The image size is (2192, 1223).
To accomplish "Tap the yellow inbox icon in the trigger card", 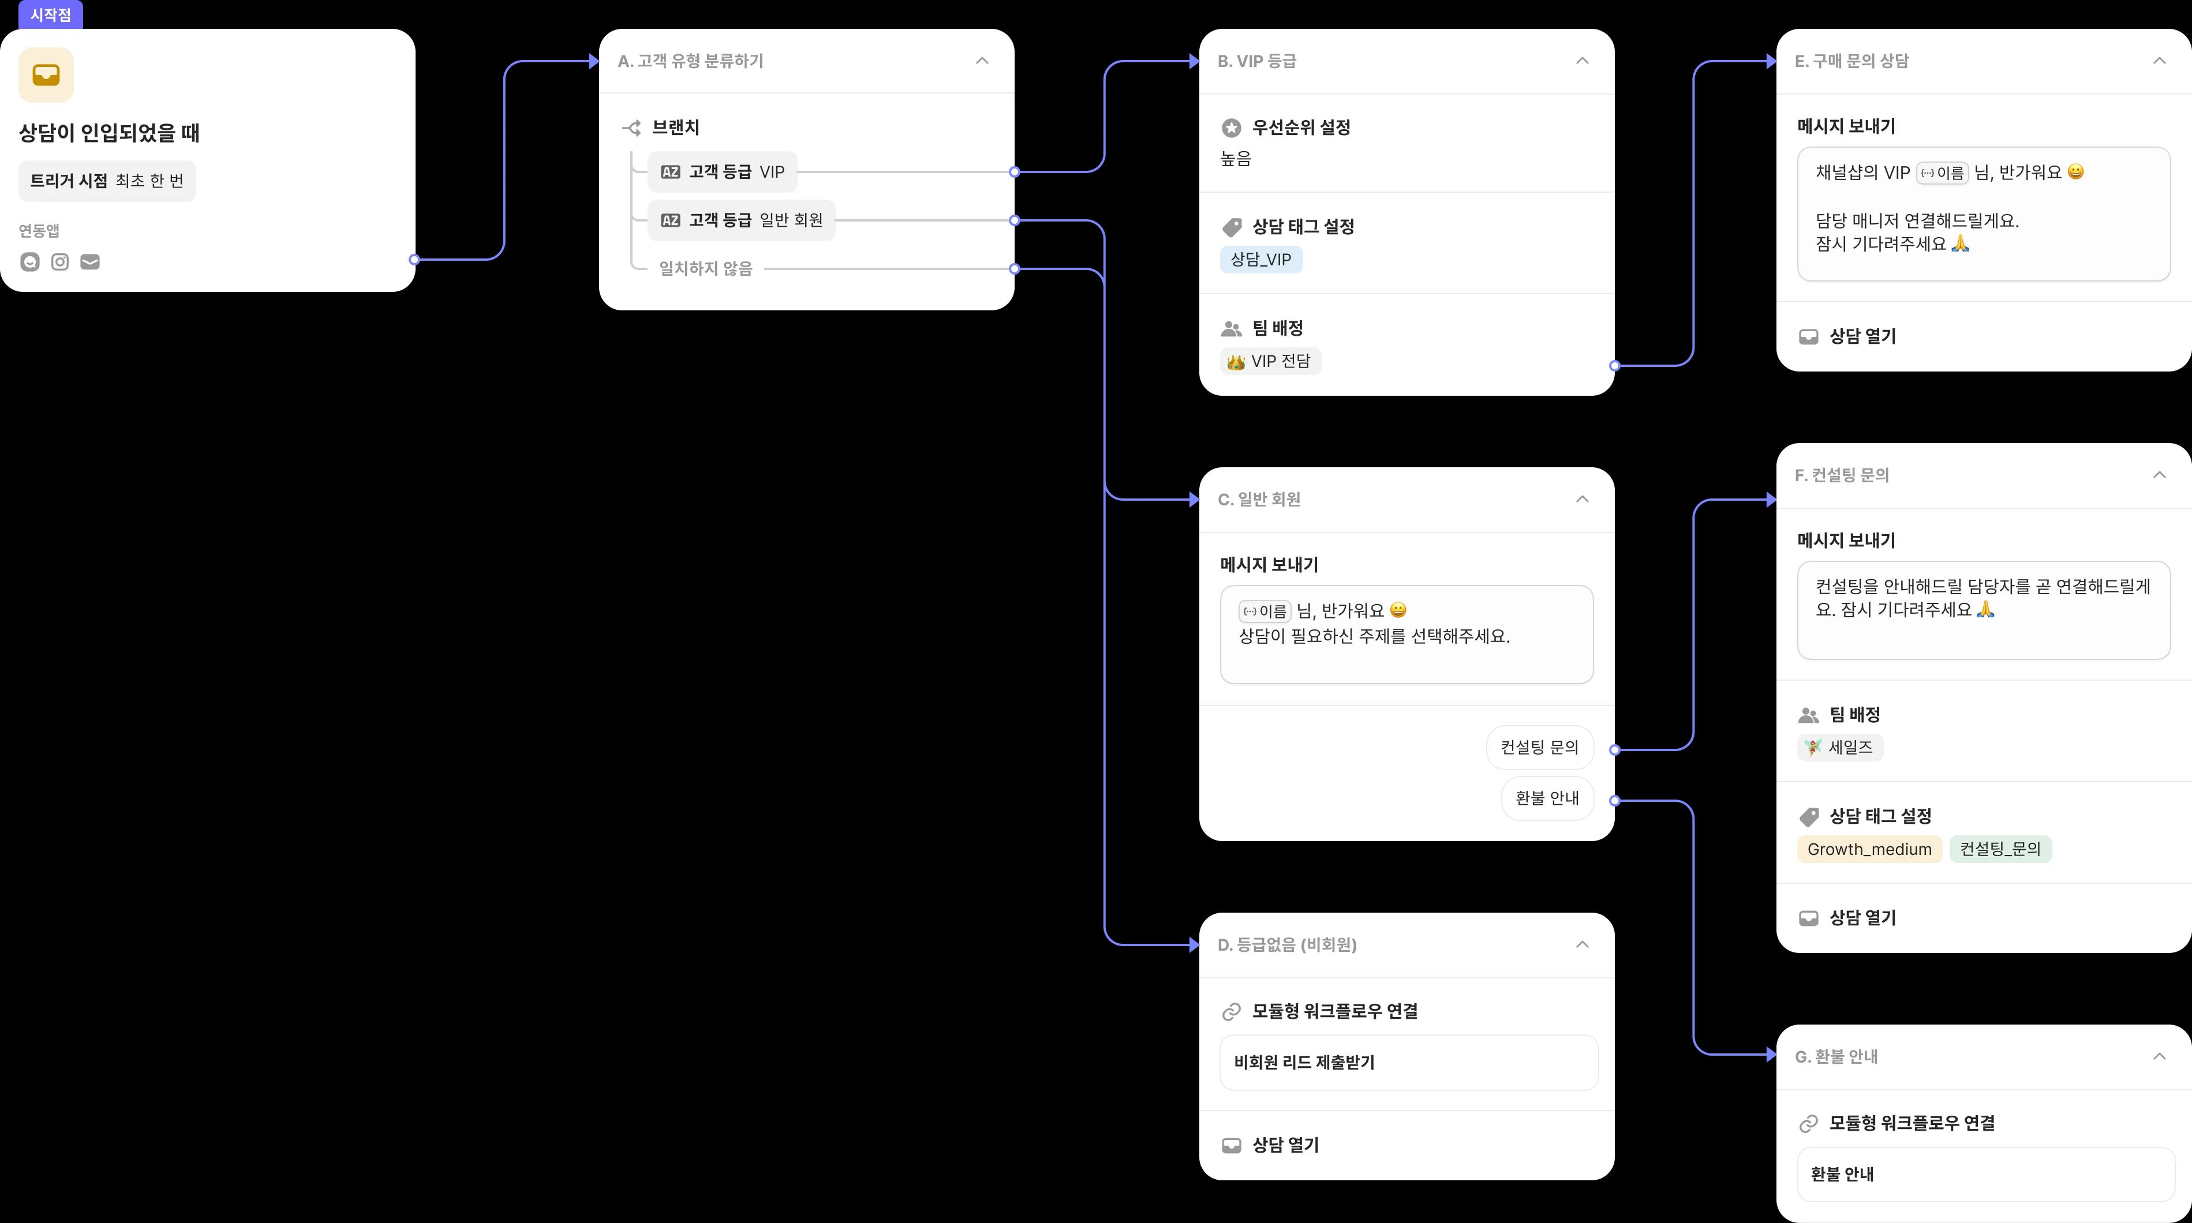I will pos(46,75).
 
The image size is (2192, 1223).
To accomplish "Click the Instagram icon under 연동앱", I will pos(59,262).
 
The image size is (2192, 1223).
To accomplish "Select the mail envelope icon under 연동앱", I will pos(90,262).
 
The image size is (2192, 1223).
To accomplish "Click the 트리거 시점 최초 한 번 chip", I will pos(107,181).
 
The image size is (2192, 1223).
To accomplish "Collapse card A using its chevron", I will pos(982,61).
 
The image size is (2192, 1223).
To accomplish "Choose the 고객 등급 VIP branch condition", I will pos(723,172).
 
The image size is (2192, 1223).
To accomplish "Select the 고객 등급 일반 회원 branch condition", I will pos(741,220).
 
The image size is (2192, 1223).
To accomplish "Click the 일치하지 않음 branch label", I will pos(705,269).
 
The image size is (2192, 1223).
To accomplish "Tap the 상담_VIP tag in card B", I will pos(1261,260).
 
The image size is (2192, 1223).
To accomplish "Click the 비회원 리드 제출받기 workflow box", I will pos(1408,1062).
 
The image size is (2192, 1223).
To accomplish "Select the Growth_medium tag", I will pos(1869,849).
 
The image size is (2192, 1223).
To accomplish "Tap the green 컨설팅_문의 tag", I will pos(2000,849).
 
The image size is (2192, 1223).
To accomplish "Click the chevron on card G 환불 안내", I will pos(2159,1056).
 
